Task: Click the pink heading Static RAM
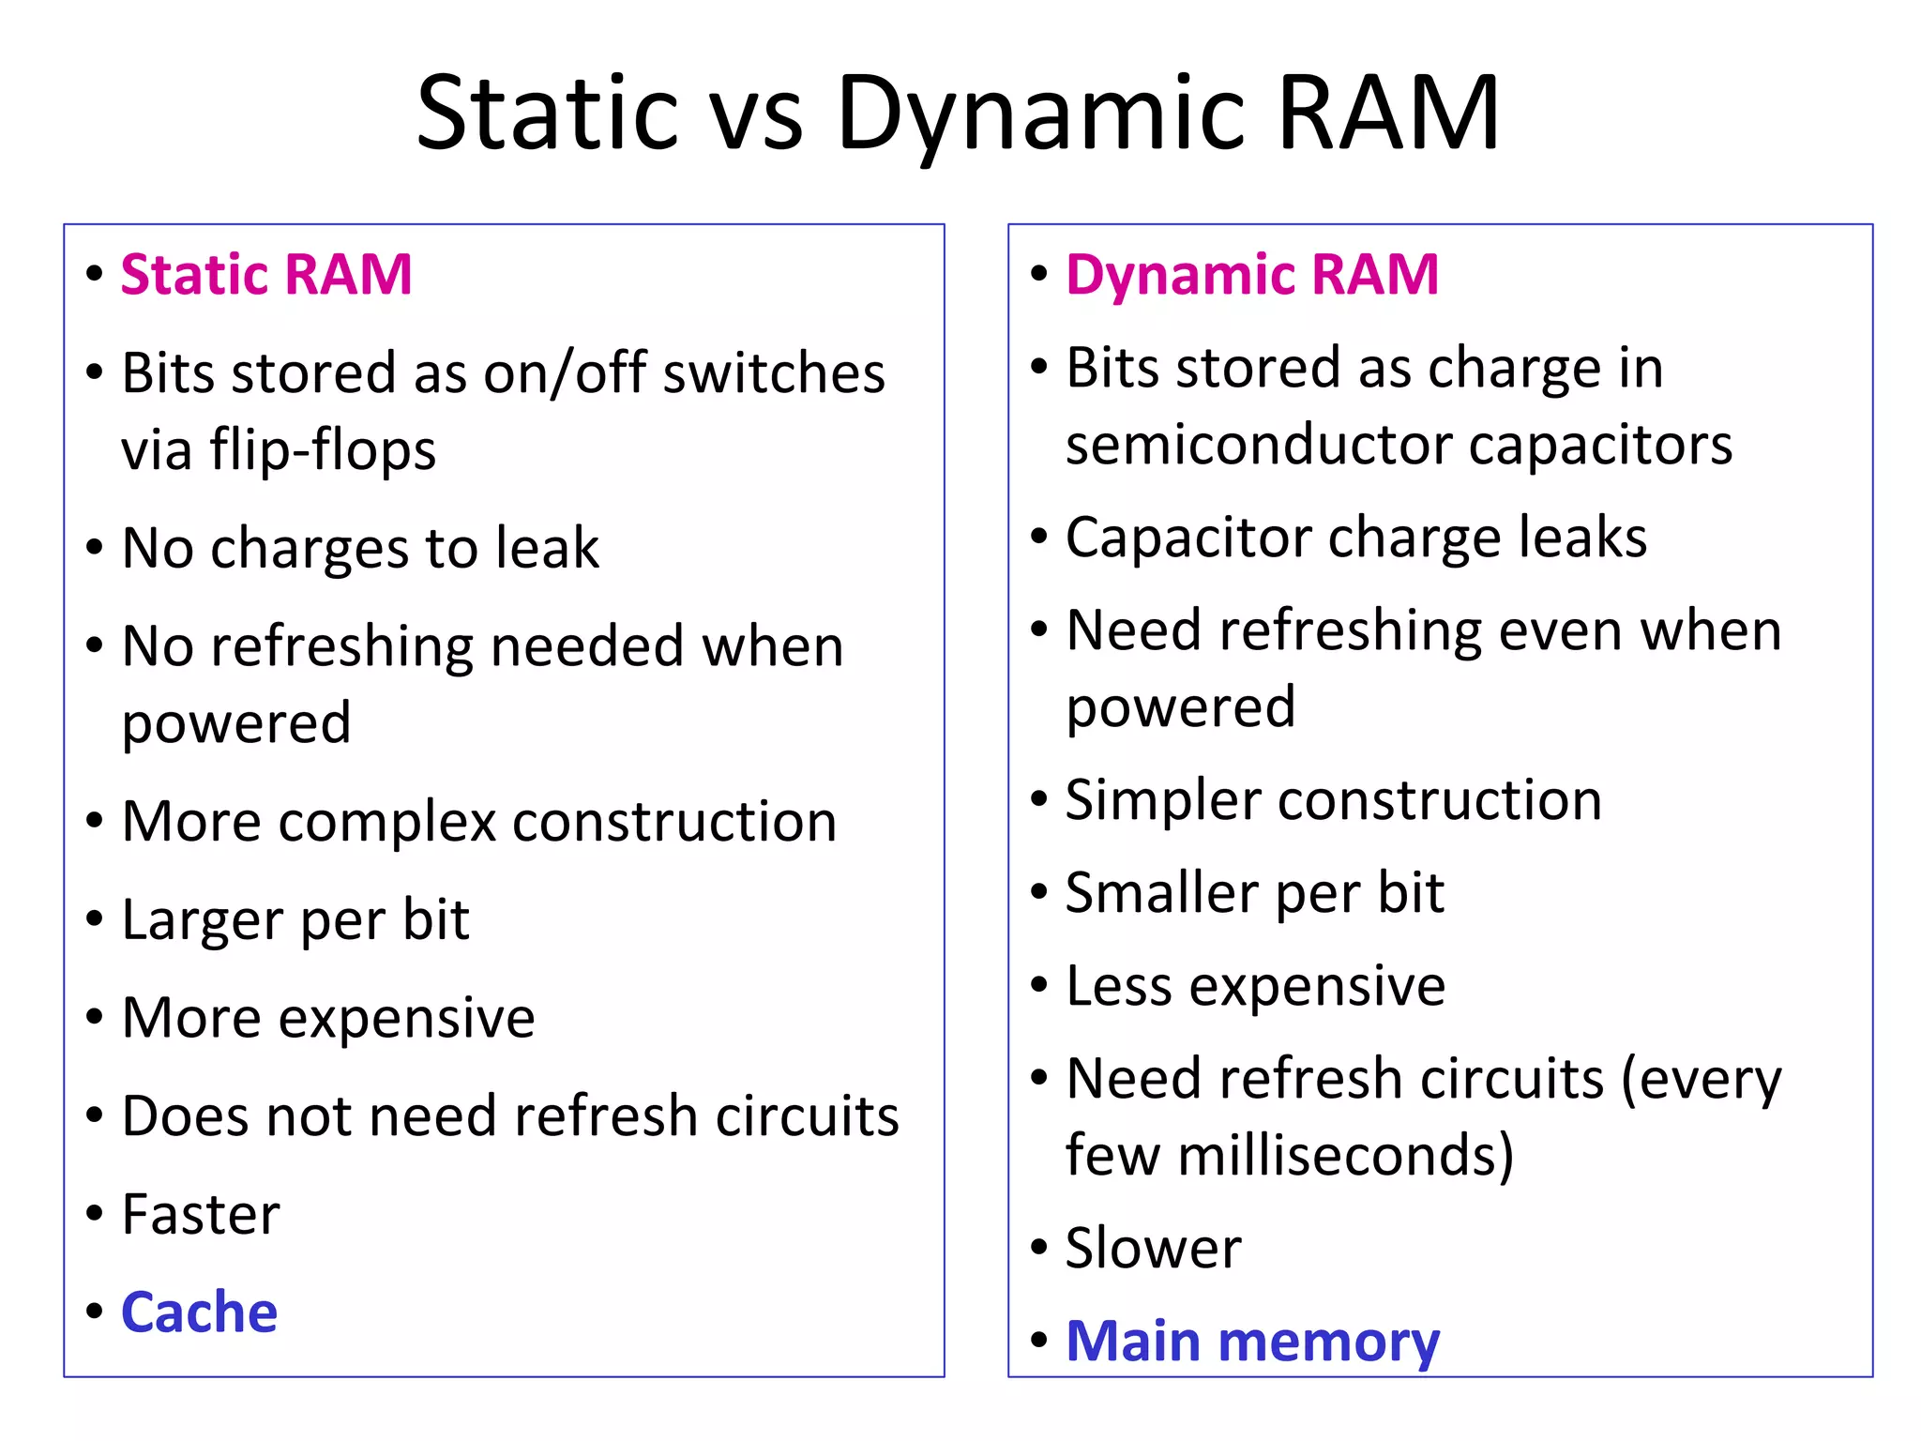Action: pyautogui.click(x=266, y=275)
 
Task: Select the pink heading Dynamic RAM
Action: pyautogui.click(x=1251, y=275)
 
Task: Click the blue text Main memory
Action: pyautogui.click(x=1251, y=1342)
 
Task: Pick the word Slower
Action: pyautogui.click(x=1153, y=1248)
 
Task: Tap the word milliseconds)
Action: pyautogui.click(x=1345, y=1155)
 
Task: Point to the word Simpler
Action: pyautogui.click(x=1162, y=801)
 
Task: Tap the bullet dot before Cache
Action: pyautogui.click(x=94, y=1311)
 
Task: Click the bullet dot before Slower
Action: pyautogui.click(x=1038, y=1248)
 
